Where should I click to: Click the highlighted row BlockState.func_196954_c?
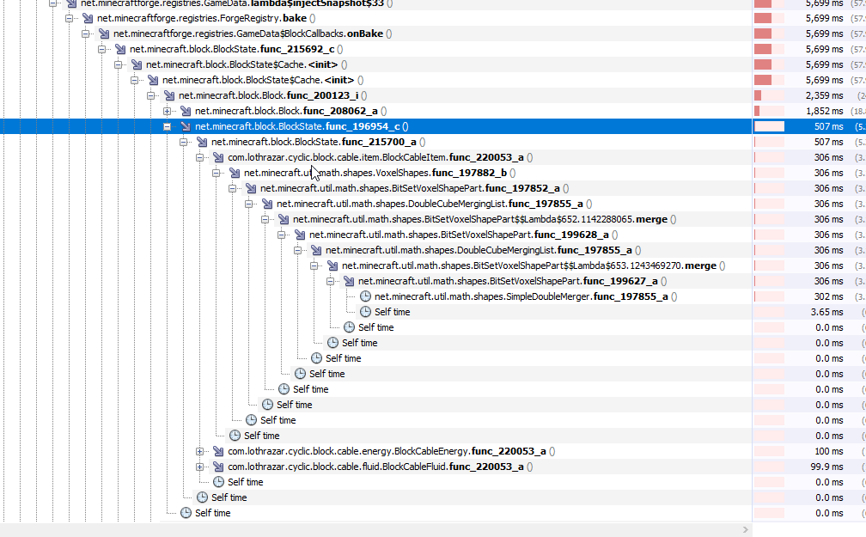(x=301, y=126)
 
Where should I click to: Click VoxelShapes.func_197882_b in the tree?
(x=375, y=173)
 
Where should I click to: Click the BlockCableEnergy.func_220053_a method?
(x=390, y=451)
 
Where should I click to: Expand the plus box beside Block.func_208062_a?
(x=168, y=111)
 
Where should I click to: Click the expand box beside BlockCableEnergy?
(x=200, y=451)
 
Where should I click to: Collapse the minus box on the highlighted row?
(x=168, y=126)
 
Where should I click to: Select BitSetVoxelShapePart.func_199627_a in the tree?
(x=507, y=281)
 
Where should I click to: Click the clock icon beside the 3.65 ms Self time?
(x=365, y=312)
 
